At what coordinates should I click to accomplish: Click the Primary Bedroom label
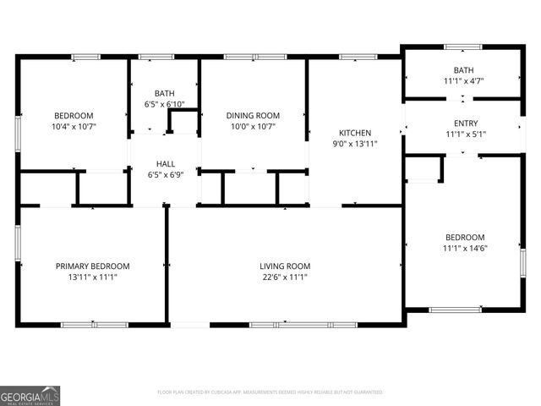93,266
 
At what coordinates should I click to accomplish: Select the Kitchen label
355,133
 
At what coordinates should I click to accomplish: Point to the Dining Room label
252,115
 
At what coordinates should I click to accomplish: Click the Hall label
165,163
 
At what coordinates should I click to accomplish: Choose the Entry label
466,123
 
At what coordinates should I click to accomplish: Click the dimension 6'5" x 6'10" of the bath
165,105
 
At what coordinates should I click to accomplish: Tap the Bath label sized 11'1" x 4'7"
463,70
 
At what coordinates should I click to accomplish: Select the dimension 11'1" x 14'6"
465,248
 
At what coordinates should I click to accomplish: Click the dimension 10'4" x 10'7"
74,127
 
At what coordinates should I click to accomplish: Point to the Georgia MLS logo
30,395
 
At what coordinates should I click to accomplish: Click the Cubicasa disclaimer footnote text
270,392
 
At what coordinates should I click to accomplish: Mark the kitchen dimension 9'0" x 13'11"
355,144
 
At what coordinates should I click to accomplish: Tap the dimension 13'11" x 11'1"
93,277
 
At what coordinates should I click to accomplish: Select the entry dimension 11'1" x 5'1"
466,134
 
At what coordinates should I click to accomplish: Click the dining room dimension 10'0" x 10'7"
252,127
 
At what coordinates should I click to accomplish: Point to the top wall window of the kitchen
352,57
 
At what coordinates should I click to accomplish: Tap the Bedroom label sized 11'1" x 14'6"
465,237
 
